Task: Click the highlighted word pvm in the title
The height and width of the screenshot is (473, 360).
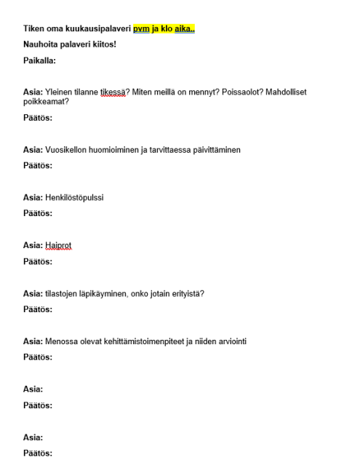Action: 141,30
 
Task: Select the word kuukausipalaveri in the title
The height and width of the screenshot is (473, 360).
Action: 92,30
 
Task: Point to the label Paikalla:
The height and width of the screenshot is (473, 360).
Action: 40,61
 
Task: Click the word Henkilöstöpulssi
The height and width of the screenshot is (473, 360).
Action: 78,197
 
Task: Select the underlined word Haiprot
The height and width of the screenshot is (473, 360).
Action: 58,245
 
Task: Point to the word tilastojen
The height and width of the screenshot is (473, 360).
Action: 61,293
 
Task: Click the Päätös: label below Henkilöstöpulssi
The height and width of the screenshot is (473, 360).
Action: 37,213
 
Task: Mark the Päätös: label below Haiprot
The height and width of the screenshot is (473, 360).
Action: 37,261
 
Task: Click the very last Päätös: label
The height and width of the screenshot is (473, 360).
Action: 37,453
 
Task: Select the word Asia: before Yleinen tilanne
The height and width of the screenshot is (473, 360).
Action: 33,93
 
